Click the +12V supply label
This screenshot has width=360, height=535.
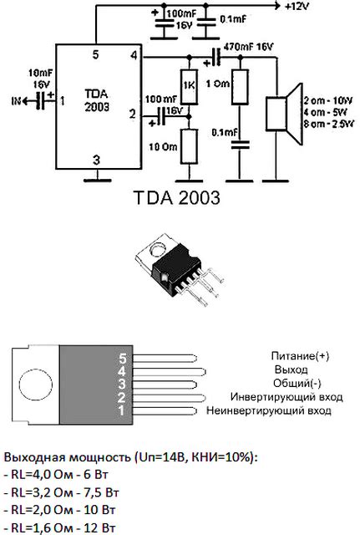(297, 6)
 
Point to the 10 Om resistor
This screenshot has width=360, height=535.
(189, 145)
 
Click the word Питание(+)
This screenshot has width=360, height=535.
(300, 355)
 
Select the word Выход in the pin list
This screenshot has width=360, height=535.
(292, 369)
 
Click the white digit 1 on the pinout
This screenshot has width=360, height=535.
(122, 410)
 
